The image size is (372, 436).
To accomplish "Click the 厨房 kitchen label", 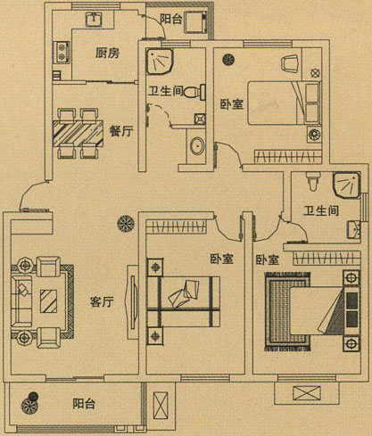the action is (107, 53).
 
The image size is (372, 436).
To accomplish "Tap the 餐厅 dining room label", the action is (121, 130).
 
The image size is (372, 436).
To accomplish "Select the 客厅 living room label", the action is (102, 302).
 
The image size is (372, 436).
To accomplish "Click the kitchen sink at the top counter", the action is (95, 20).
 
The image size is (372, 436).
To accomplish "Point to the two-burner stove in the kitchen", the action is (62, 53).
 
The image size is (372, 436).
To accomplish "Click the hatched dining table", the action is (78, 133).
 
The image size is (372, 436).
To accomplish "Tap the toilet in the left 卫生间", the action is (194, 92).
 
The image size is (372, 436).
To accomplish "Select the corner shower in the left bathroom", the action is (159, 61).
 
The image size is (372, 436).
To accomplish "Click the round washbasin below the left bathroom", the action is (197, 145).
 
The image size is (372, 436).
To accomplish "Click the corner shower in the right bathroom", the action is (346, 185).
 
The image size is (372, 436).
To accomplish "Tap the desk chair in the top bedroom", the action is (289, 63).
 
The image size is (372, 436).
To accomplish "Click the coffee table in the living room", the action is (48, 300).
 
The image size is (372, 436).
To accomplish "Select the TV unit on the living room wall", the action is (133, 302).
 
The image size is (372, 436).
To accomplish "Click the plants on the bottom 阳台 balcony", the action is (30, 402).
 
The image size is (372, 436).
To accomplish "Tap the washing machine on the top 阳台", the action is (194, 22).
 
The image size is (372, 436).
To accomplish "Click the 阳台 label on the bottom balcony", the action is (84, 404).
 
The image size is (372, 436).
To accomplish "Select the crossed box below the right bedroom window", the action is (307, 393).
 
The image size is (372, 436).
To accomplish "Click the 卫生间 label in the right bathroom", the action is (321, 210).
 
